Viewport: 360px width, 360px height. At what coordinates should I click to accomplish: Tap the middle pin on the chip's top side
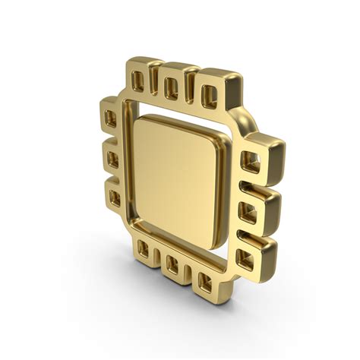tap(172, 84)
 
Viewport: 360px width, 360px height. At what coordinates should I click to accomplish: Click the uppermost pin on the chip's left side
tap(111, 118)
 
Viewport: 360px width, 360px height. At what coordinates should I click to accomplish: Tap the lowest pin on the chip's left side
tap(115, 197)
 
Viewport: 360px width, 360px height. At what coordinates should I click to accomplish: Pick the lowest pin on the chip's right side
tap(245, 253)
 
